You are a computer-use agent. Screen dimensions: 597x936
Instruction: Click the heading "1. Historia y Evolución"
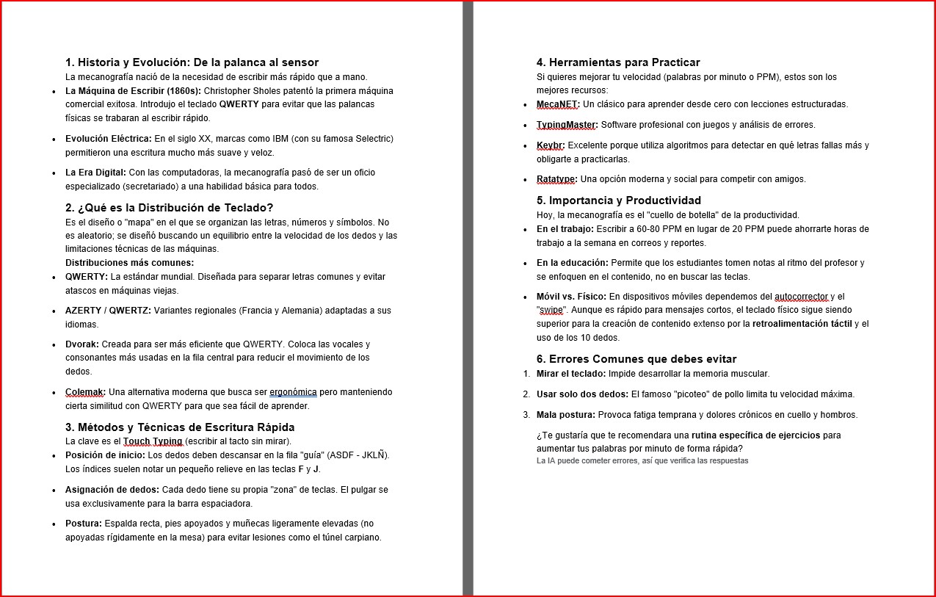192,62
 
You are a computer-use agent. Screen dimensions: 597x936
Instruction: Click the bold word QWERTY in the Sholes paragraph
239,104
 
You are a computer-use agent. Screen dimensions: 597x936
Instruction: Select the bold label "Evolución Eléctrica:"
109,139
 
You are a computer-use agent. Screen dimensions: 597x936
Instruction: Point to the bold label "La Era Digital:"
95,173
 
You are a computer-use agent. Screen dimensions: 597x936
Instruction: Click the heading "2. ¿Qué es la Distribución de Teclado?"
169,208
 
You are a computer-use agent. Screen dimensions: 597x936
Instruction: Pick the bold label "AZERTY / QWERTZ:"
108,311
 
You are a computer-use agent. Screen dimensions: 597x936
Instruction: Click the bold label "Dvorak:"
82,344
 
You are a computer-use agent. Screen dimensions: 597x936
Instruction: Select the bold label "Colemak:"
85,392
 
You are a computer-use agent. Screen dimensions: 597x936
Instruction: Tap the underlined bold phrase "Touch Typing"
153,441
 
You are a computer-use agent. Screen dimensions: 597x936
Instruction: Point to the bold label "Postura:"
84,524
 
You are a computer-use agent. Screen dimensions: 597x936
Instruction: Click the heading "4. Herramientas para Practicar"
618,62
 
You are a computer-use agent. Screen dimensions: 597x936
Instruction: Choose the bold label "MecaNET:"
558,104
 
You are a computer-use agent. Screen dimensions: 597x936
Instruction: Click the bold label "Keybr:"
551,145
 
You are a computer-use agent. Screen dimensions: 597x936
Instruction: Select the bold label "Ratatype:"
557,179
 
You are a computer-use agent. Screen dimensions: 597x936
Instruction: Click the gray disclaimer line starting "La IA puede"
642,461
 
